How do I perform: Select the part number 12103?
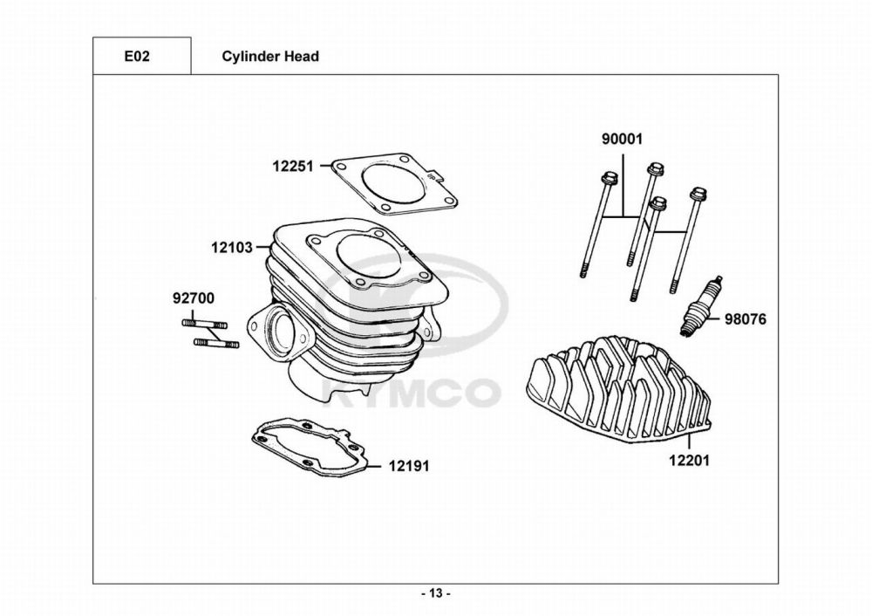point(231,247)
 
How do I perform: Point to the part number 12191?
point(409,467)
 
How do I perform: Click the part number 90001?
point(623,139)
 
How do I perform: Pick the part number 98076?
point(745,319)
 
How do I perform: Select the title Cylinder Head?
point(270,56)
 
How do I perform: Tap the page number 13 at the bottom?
point(436,593)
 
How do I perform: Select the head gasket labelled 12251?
point(397,185)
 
